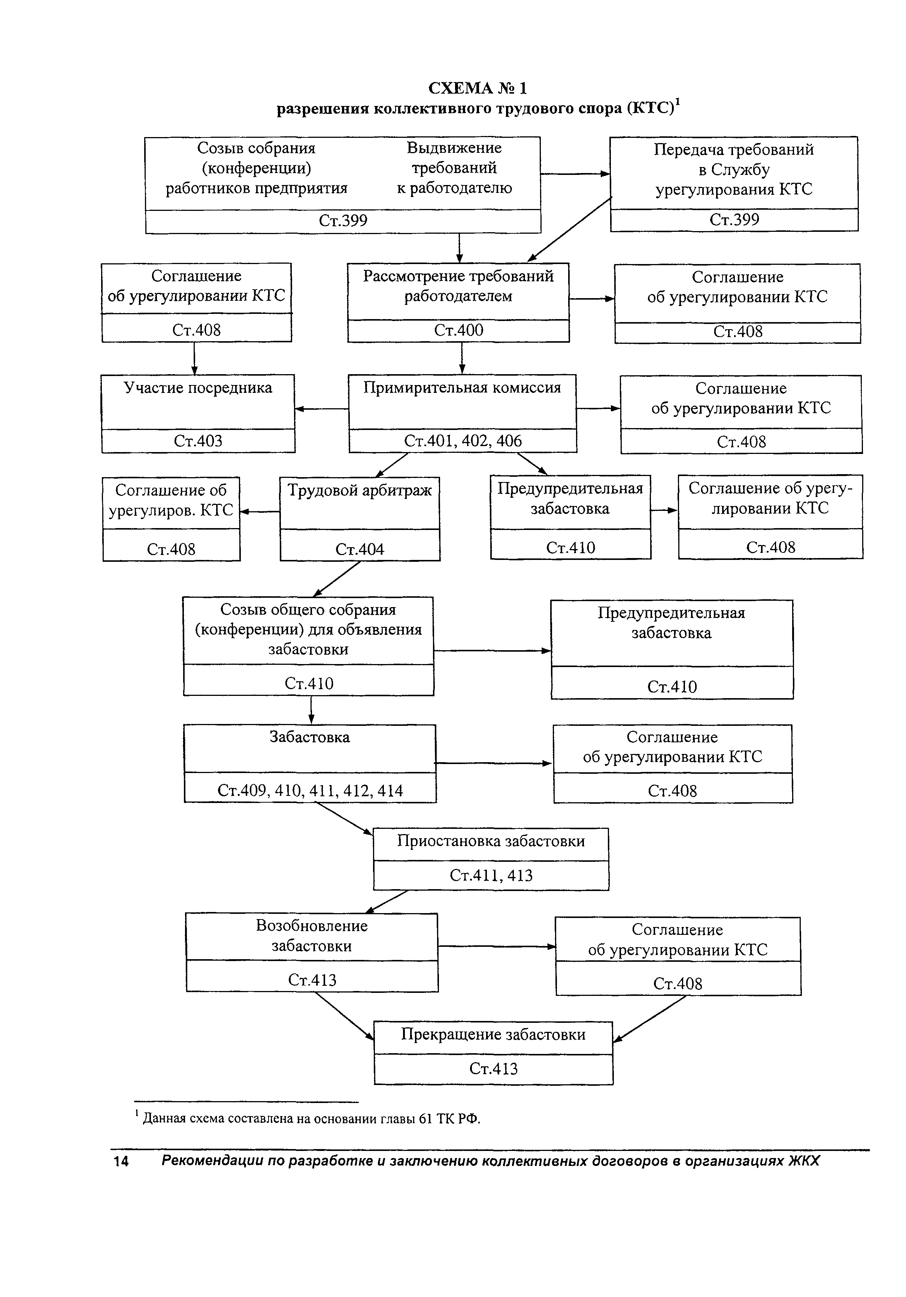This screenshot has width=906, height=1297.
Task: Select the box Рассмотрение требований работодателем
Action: click(458, 302)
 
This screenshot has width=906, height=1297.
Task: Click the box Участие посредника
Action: click(198, 413)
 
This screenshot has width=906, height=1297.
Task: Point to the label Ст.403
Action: click(198, 440)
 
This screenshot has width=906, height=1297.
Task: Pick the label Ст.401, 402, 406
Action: click(463, 440)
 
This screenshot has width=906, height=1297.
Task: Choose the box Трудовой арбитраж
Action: click(360, 519)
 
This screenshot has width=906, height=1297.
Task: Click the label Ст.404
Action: click(360, 549)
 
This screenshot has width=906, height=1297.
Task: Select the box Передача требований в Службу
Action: click(734, 184)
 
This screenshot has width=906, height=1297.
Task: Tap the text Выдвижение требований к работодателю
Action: click(454, 168)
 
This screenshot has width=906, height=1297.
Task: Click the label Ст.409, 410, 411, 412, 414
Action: click(310, 790)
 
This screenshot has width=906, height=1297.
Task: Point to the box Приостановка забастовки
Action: click(491, 859)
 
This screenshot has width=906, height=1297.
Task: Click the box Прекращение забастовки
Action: click(493, 1052)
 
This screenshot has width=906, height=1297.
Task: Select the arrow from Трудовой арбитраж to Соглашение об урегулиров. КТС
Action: click(260, 512)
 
